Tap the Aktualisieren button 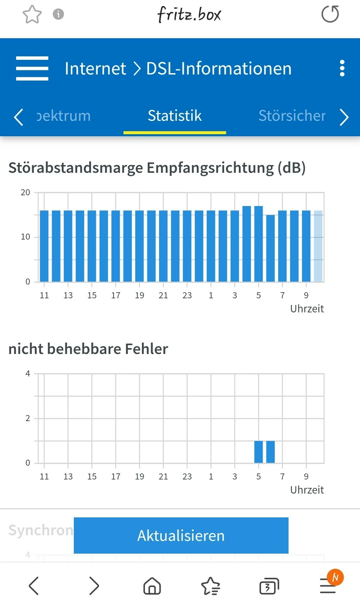pos(181,535)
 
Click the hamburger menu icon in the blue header pos(32,68)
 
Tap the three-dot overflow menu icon pos(342,68)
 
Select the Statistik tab pos(174,116)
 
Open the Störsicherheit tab pos(292,116)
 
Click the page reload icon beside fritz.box pos(330,14)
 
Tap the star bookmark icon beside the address pos(32,14)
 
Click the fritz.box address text pos(189,14)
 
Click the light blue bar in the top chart pos(318,246)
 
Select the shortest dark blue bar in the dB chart pos(270,248)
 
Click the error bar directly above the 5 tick pos(258,452)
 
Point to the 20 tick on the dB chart pos(25,193)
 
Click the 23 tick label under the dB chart pos(187,295)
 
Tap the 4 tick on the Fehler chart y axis pos(28,374)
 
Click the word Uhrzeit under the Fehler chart pos(307,490)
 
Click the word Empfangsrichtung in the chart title pos(210,168)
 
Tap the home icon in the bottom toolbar pos(152,586)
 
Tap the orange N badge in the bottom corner pos(335,577)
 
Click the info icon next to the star pos(58,14)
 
